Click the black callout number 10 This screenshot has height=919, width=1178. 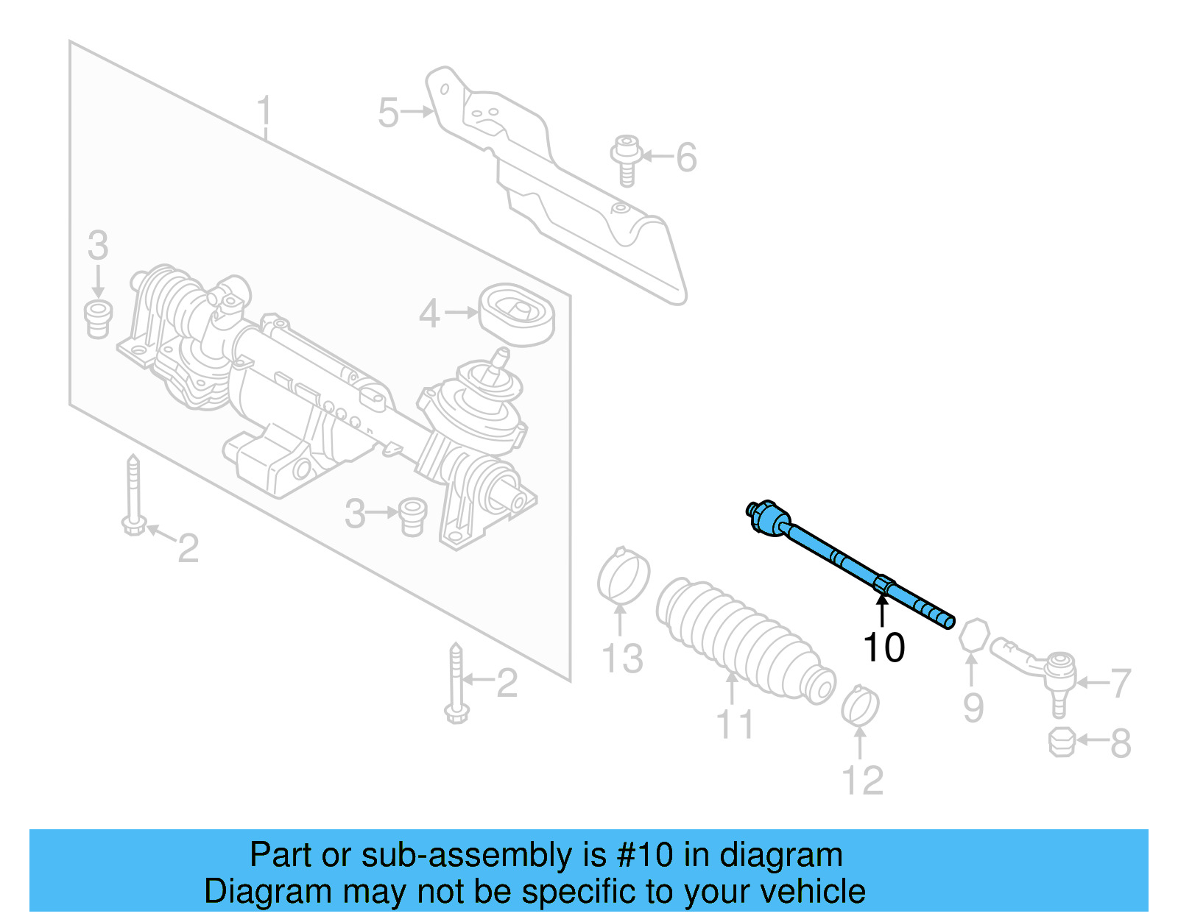(x=883, y=647)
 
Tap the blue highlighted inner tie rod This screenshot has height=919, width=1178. (x=847, y=564)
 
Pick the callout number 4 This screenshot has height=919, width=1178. (x=429, y=314)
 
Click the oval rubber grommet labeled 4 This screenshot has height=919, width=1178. (x=516, y=314)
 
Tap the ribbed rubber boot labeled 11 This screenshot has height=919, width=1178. (x=744, y=639)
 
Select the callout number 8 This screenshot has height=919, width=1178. (x=1120, y=743)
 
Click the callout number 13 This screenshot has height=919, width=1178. (x=622, y=659)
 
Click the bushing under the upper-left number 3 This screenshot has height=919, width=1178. (x=97, y=318)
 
